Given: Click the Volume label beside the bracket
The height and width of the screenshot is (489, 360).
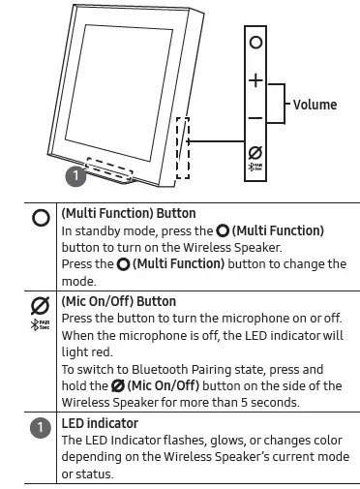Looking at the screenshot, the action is (315, 105).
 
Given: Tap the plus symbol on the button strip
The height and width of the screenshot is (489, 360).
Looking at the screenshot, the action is (255, 80).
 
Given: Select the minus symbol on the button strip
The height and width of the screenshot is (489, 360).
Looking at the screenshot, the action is (255, 118).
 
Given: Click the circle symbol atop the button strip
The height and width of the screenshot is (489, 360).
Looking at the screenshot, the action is (255, 42).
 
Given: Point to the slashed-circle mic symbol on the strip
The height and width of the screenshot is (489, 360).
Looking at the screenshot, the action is (255, 153).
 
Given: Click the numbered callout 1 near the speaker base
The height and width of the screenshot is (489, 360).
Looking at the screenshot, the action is (75, 175).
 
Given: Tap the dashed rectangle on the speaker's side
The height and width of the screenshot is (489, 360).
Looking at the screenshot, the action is (183, 148).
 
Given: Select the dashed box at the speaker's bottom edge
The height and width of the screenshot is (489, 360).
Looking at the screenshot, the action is (109, 168).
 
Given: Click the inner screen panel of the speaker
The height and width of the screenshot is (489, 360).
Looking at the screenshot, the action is (119, 93).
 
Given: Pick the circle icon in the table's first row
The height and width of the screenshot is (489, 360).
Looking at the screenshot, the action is (41, 218).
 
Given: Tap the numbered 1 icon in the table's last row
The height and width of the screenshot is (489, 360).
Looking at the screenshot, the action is (41, 428).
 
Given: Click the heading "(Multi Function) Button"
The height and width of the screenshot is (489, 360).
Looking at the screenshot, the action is (129, 213).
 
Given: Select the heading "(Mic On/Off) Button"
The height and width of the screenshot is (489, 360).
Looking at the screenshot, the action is (119, 301).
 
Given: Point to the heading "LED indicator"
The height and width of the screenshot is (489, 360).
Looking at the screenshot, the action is (100, 423).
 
